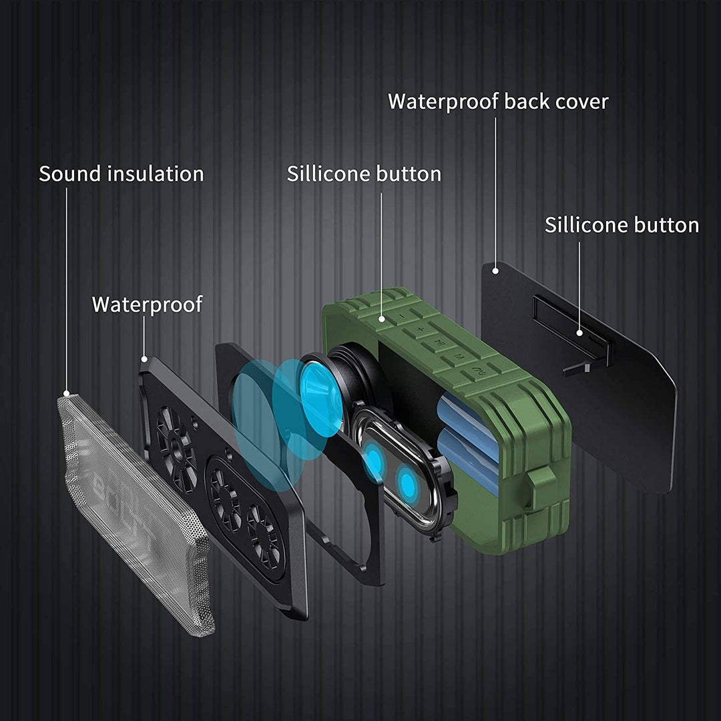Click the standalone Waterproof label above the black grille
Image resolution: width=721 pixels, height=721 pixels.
tap(147, 304)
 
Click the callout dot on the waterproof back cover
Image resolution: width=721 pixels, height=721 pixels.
tap(495, 270)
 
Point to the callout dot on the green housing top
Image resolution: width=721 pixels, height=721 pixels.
tap(383, 320)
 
